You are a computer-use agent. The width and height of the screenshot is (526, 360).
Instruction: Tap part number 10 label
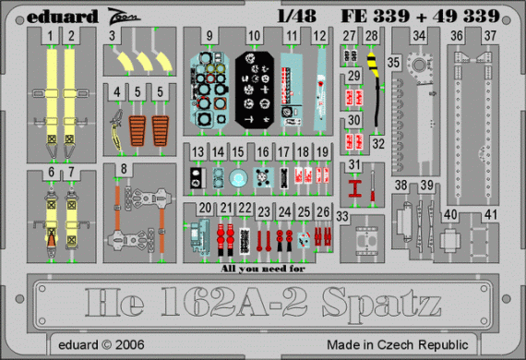click(254, 37)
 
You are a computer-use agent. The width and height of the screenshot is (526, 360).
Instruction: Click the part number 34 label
click(420, 37)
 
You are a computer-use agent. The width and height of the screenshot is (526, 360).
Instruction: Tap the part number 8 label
click(124, 169)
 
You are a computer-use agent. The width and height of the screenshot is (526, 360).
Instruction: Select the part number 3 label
click(112, 37)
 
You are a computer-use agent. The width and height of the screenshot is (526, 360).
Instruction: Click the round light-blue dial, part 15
click(240, 181)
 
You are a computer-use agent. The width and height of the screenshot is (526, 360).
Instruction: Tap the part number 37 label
click(489, 37)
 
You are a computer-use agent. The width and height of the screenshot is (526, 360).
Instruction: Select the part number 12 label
click(318, 37)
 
